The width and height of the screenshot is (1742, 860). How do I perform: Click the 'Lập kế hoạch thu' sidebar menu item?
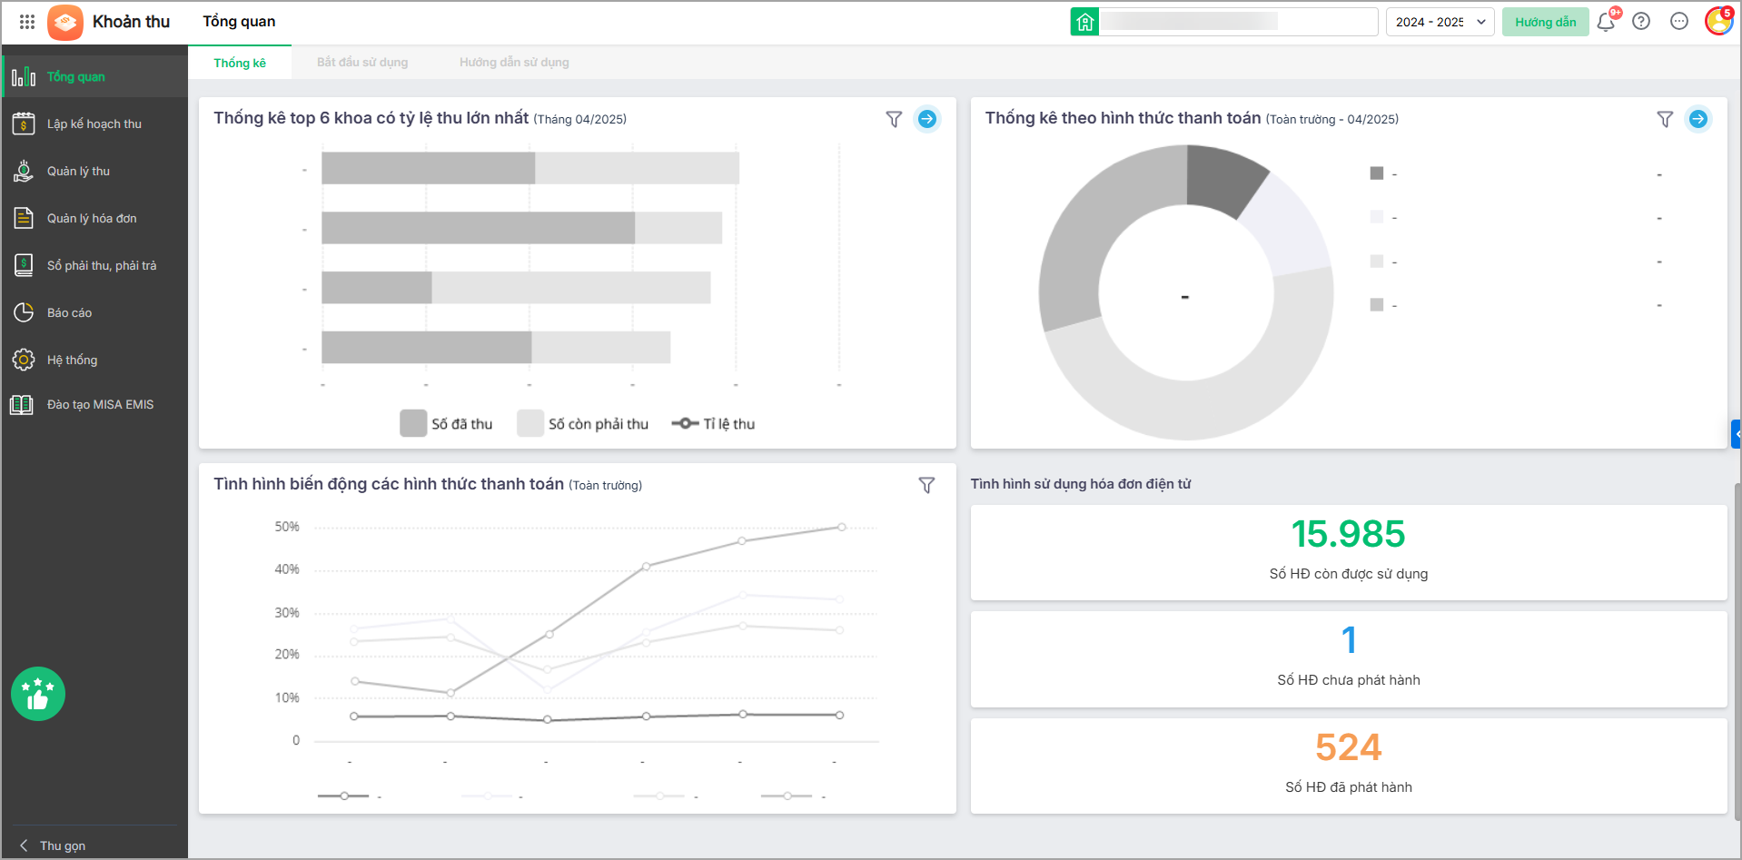[94, 124]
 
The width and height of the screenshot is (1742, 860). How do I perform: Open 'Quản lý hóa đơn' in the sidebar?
[92, 219]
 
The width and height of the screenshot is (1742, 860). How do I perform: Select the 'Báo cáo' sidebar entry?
[69, 313]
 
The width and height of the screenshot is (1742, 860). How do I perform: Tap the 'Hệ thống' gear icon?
[24, 361]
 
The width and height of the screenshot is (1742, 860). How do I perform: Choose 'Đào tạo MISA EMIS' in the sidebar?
[100, 405]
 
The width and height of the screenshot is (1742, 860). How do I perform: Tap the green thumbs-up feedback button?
[38, 695]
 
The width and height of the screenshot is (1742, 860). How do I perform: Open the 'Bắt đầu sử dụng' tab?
[362, 63]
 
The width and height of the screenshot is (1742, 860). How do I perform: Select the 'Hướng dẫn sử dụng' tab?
[514, 63]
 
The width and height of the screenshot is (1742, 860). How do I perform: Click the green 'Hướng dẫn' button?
[1545, 23]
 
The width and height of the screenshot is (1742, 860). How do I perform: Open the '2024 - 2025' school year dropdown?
[1440, 23]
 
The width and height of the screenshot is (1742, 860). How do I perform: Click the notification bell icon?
[1605, 23]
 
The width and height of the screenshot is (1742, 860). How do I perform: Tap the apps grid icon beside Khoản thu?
[27, 22]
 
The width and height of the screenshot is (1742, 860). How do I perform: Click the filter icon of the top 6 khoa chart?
[894, 119]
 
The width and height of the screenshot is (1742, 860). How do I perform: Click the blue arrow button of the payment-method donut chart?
[1697, 119]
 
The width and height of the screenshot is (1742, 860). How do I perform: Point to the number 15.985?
[1348, 534]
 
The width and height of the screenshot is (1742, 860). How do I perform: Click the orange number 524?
[1348, 747]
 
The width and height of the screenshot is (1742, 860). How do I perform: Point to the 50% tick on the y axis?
[287, 528]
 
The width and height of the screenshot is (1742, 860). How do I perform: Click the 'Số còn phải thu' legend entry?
[583, 424]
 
